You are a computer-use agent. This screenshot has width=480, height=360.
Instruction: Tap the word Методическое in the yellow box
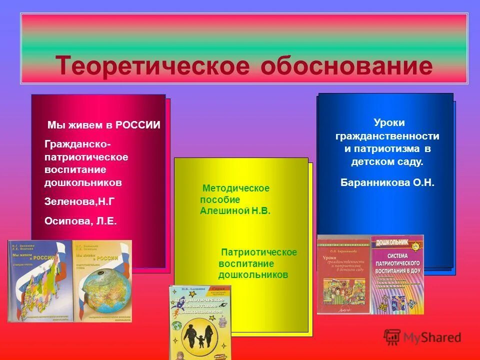coord(236,188)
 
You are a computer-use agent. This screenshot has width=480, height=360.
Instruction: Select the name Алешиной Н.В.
coord(235,211)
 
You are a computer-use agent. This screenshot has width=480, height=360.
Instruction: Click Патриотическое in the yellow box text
coord(259,252)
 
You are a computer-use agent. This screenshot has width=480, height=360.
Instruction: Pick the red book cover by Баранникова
coord(343,275)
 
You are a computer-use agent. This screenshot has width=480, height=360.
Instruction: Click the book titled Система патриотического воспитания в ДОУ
coord(397,275)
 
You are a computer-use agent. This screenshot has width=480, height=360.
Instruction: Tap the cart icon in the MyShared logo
coord(392,337)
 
